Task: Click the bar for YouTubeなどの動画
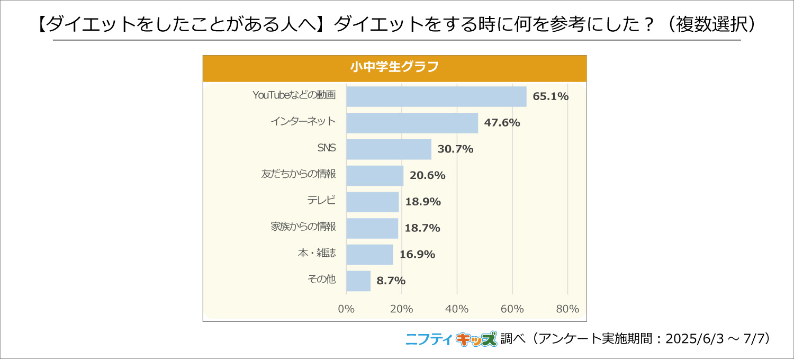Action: (x=436, y=96)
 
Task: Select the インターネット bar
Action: (x=412, y=123)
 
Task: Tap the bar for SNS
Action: (x=389, y=149)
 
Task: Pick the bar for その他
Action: (x=358, y=281)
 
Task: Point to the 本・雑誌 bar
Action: (x=369, y=254)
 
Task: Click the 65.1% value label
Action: (x=551, y=96)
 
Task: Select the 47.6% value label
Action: (x=502, y=123)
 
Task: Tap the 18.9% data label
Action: (x=423, y=202)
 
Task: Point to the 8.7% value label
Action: (x=391, y=281)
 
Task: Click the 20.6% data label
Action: (x=428, y=175)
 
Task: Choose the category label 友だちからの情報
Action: (x=299, y=174)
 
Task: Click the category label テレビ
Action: (x=321, y=201)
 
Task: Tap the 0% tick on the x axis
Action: (x=346, y=309)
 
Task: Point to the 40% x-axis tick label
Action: (x=457, y=309)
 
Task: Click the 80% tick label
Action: (x=567, y=309)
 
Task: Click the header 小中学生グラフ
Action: (x=394, y=68)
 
